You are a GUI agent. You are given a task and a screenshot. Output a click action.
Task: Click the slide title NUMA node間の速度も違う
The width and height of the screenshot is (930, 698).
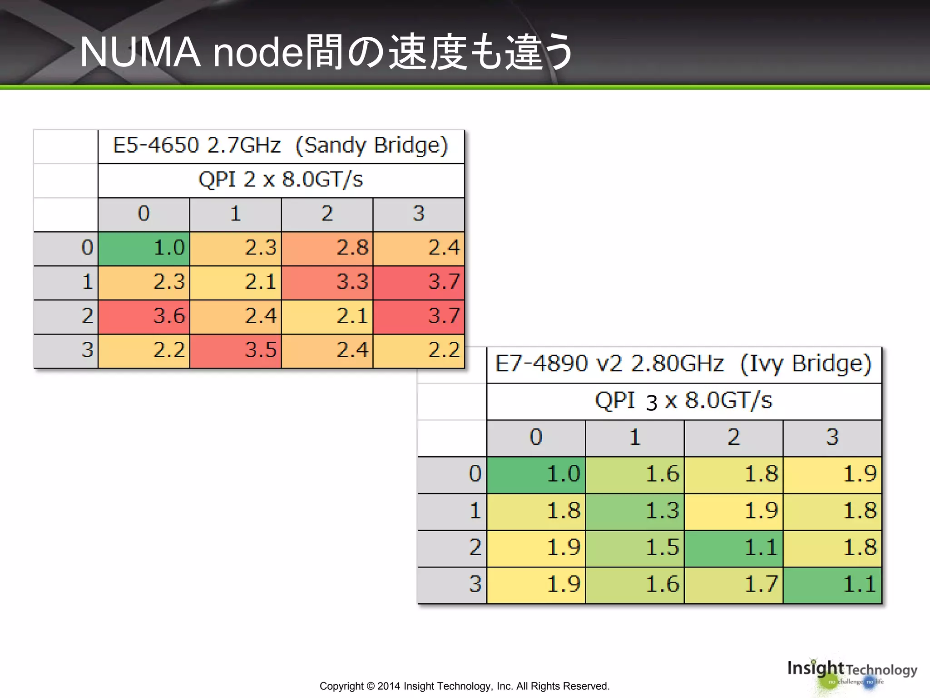(326, 52)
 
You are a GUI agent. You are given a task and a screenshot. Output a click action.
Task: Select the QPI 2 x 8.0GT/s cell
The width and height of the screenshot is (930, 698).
(281, 180)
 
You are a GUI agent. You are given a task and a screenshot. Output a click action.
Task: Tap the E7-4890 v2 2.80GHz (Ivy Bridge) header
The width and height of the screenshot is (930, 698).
(683, 364)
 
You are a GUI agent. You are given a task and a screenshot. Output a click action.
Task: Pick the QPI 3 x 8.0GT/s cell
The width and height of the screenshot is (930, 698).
(683, 401)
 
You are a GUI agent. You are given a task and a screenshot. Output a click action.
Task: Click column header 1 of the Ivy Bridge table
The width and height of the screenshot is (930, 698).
(635, 438)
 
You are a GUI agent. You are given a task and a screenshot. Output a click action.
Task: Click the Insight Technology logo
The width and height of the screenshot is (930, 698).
(852, 673)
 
